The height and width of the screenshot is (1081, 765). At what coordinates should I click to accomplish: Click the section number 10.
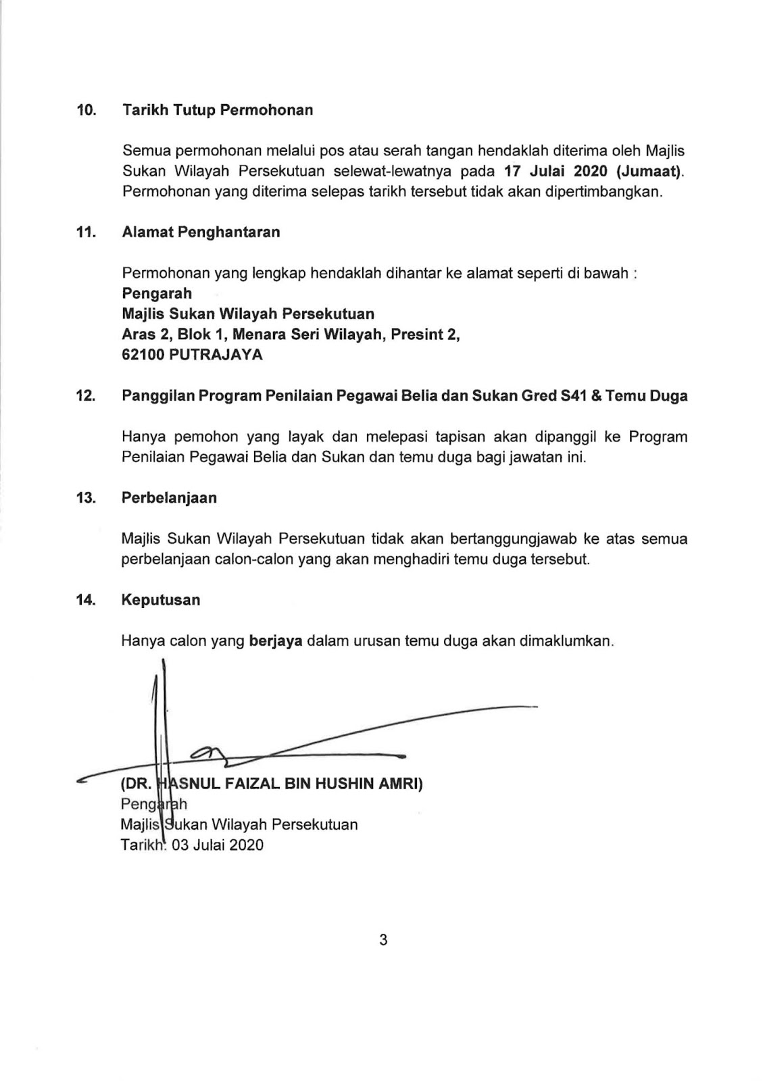86,111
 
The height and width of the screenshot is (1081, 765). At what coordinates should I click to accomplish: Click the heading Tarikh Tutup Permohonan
217,110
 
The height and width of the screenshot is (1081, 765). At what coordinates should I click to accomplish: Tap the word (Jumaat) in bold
648,172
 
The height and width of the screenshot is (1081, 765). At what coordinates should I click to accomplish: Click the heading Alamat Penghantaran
201,232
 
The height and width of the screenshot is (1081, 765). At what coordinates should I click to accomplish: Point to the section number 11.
86,232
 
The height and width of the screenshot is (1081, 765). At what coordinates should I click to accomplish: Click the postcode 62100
143,355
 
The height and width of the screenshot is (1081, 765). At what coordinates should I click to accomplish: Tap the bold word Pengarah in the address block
157,294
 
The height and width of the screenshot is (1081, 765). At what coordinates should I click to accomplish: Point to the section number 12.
86,396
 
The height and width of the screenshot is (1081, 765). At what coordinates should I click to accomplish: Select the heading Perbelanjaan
169,498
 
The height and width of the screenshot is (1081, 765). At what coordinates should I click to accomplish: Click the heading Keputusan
161,600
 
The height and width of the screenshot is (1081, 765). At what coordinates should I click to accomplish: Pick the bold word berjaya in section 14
275,640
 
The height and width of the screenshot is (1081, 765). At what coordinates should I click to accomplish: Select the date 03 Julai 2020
218,845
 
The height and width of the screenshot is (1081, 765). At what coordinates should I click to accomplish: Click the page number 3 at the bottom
383,940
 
